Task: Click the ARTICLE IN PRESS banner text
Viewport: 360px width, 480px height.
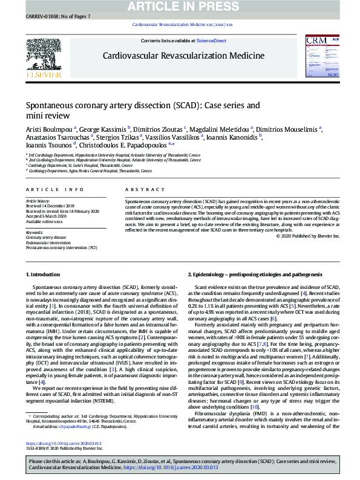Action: [180, 6]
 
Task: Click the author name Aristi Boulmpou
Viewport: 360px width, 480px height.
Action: [49, 129]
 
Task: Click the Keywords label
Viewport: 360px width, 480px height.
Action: [34, 232]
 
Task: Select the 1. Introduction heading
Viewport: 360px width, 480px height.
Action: [44, 274]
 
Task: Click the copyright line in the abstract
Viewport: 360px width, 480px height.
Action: [308, 236]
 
